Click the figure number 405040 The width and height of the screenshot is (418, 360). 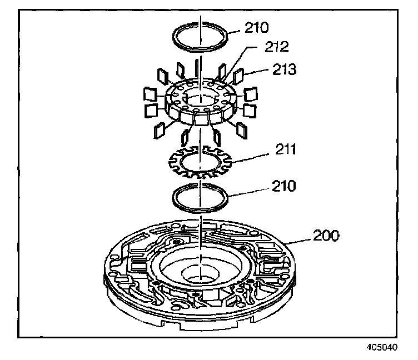point(383,347)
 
